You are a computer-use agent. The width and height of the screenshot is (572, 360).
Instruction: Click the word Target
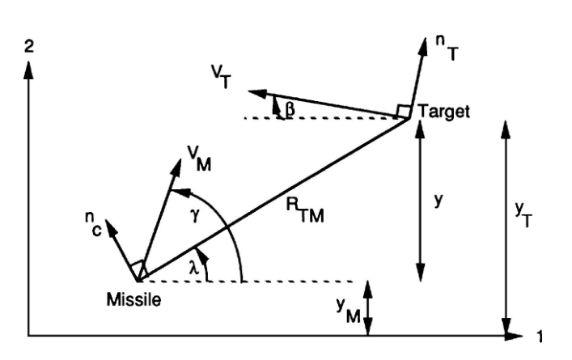[x=442, y=111]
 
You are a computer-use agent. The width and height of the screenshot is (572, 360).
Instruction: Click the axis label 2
[x=29, y=46]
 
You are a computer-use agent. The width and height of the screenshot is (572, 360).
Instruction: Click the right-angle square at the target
[x=404, y=111]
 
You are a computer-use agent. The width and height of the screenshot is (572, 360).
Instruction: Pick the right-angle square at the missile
[x=139, y=268]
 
